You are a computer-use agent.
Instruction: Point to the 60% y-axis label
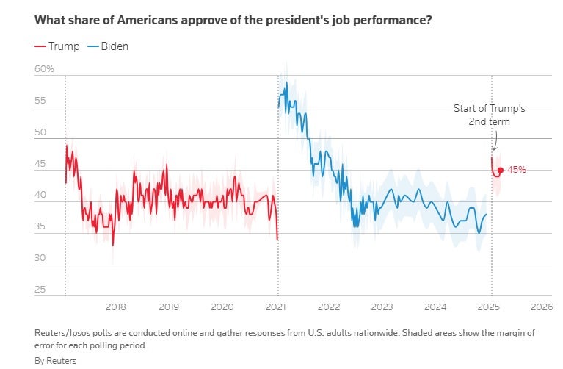click(x=45, y=69)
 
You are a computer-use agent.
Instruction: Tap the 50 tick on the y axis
click(x=41, y=133)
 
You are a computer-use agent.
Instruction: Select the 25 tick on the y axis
click(x=41, y=290)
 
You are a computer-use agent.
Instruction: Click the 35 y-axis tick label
click(x=41, y=227)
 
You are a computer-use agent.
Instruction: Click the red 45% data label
click(x=517, y=170)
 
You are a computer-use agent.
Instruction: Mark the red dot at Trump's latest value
click(x=501, y=170)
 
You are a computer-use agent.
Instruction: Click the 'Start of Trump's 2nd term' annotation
click(x=489, y=115)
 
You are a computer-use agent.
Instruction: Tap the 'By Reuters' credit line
click(x=55, y=361)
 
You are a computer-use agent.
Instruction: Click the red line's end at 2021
click(x=277, y=239)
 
